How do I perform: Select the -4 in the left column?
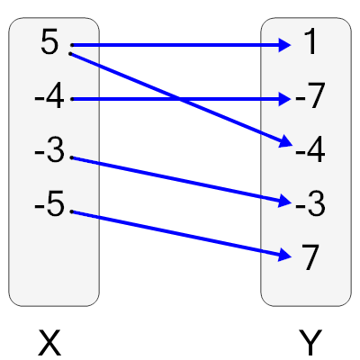coord(49,98)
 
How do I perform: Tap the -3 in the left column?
coord(49,151)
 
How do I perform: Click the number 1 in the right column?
coord(310,44)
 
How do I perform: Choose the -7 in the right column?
coord(309,98)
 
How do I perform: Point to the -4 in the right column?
coord(309,151)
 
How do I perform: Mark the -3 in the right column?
coord(309,205)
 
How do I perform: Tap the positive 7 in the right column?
coord(310,258)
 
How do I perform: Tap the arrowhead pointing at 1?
coord(284,44)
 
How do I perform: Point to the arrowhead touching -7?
coord(284,98)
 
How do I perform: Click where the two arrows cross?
coord(180,98)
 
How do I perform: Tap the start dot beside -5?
coord(71,211)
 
